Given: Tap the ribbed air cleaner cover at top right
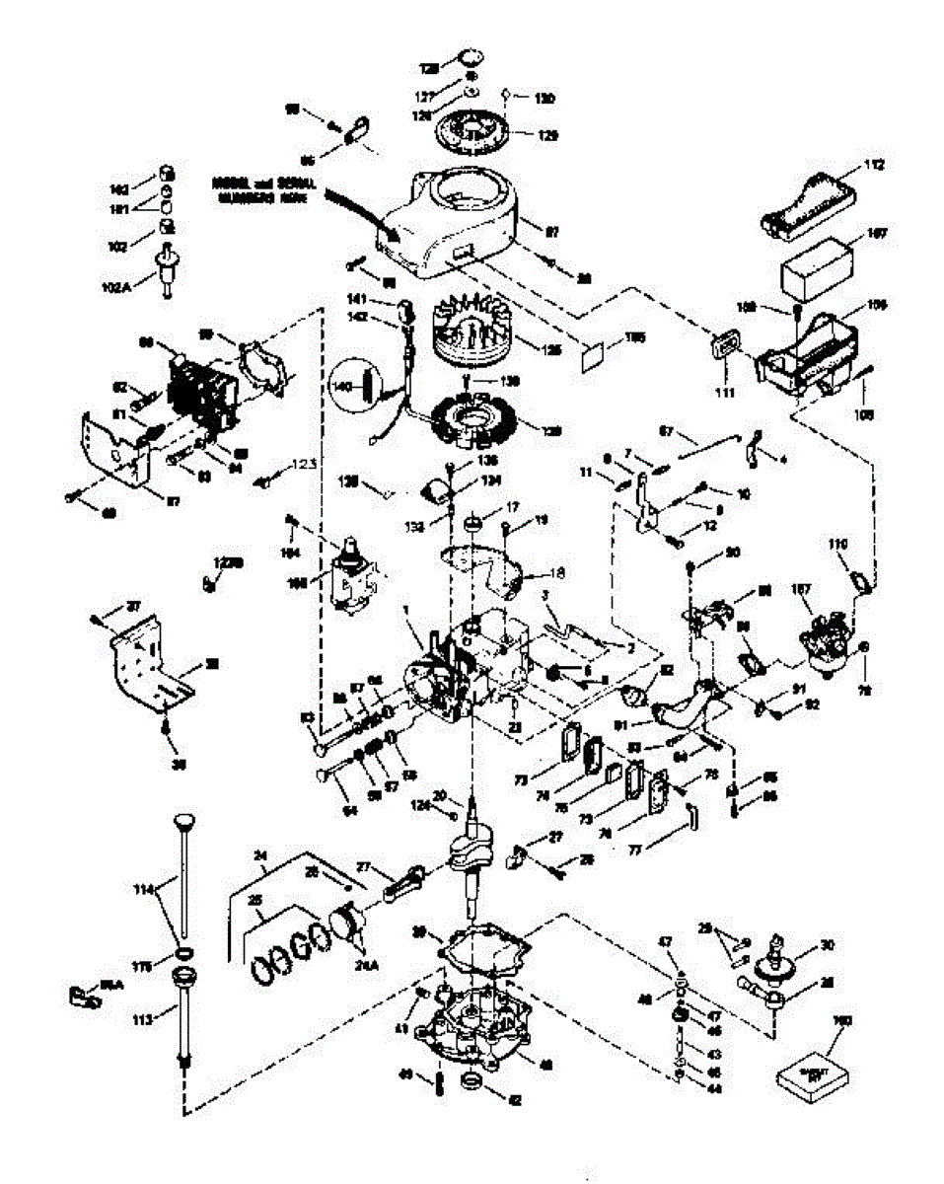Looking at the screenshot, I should [x=804, y=203].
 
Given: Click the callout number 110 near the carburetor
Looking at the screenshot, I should [x=837, y=544].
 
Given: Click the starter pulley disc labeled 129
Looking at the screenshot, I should [x=480, y=126].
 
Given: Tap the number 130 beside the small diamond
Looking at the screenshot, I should [x=544, y=98].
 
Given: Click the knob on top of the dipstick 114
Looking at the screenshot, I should [x=183, y=821].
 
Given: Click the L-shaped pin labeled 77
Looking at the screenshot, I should [x=694, y=814].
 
